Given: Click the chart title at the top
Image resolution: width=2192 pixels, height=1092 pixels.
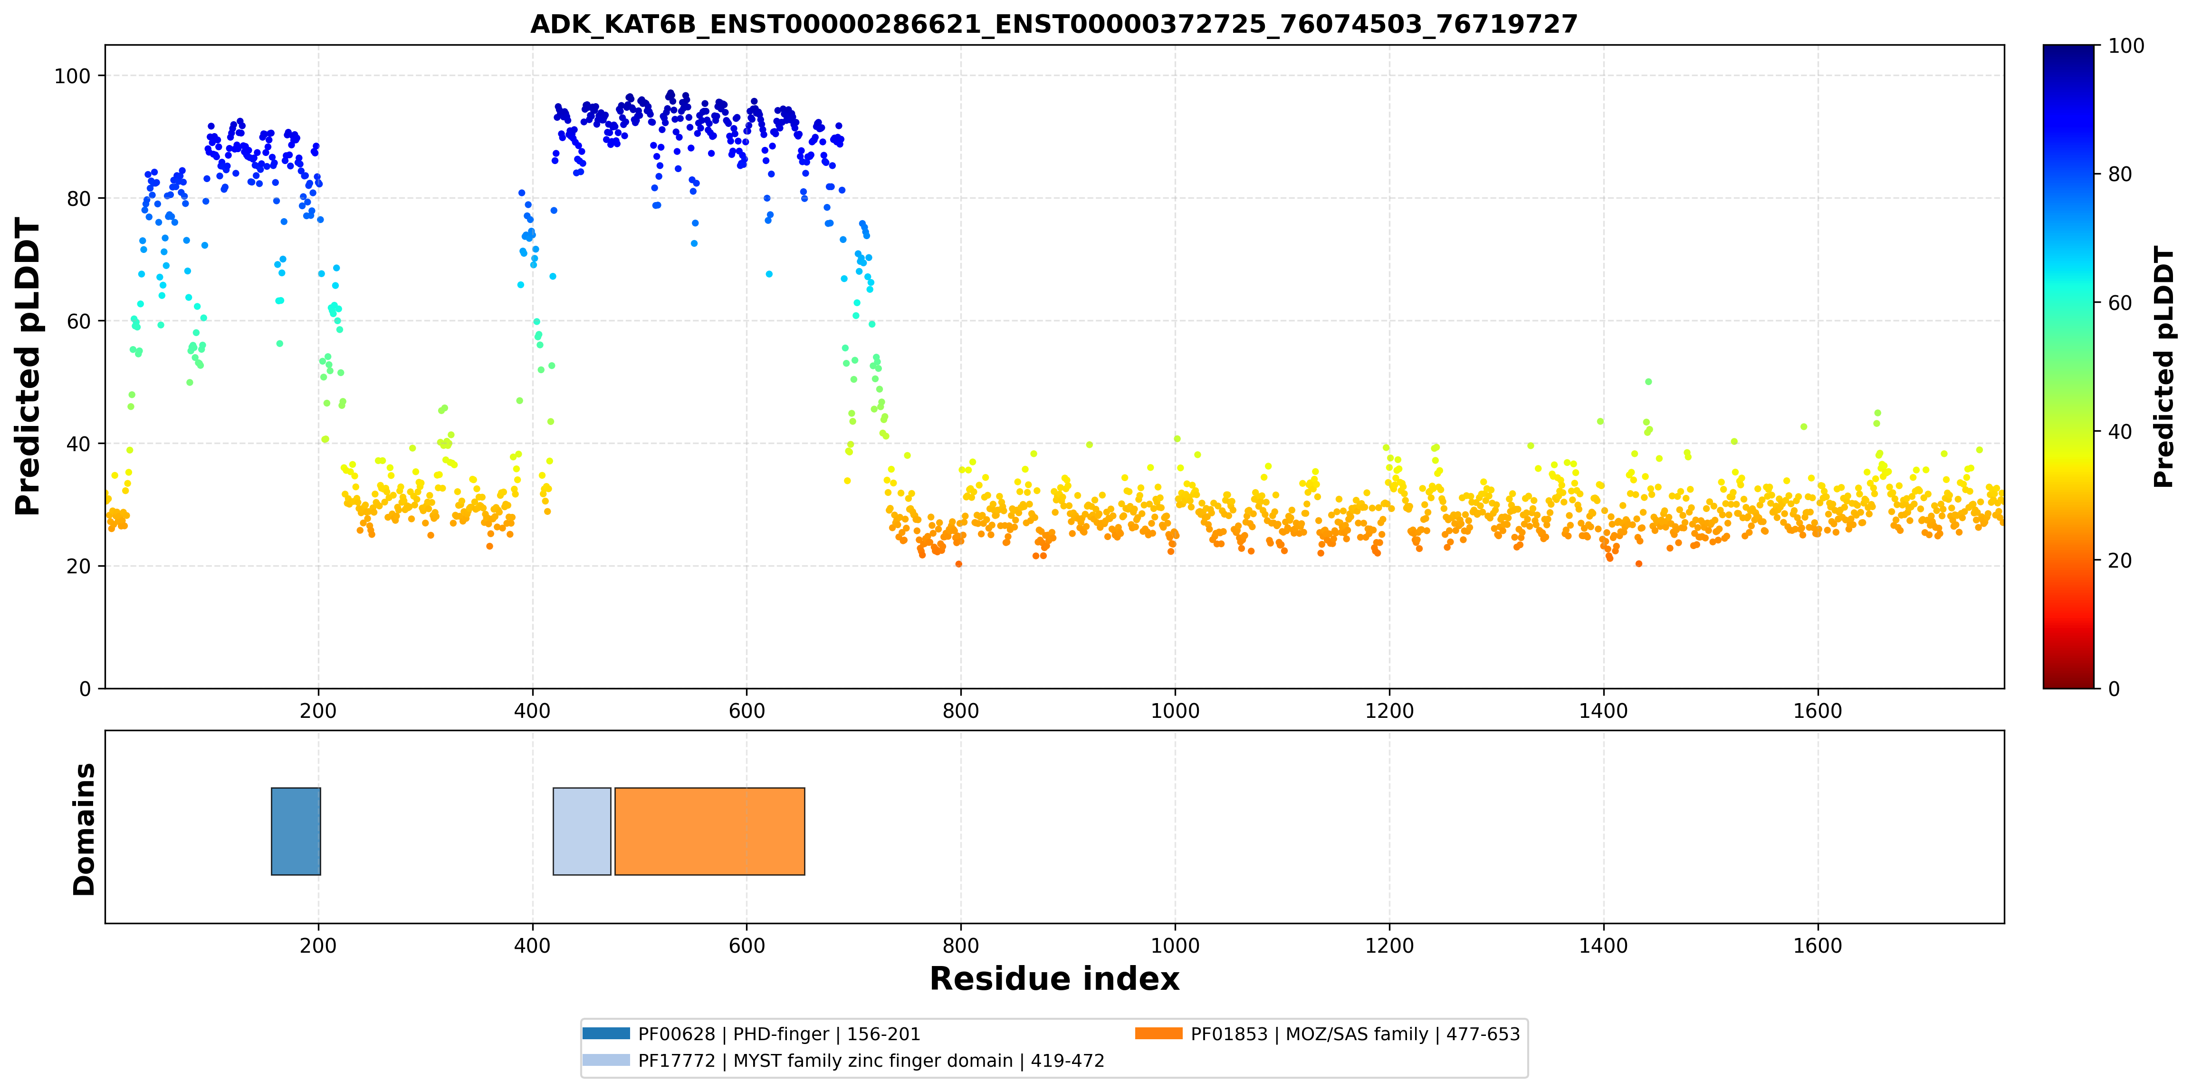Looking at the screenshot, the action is [x=1054, y=24].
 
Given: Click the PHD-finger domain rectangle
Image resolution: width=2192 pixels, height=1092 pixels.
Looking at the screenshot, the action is [x=296, y=831].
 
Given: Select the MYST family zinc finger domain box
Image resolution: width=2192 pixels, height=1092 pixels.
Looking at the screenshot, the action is [x=582, y=831].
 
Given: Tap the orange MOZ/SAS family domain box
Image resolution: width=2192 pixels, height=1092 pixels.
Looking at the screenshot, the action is [x=709, y=831].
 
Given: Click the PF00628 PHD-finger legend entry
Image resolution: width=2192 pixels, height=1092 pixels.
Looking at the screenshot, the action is [x=752, y=1034].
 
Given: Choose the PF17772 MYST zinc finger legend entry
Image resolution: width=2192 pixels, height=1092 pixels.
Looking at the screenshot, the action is [x=844, y=1061].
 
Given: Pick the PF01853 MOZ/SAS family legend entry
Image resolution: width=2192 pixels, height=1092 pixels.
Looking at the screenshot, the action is [x=1328, y=1034].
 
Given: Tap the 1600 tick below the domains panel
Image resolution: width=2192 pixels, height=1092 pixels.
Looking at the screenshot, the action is [x=1818, y=946].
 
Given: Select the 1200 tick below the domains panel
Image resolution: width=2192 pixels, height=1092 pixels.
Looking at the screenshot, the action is [x=1389, y=946].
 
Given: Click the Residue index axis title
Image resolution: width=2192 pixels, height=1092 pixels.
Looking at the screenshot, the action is [x=1054, y=979].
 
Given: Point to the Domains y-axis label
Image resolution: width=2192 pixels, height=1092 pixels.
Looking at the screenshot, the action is [x=84, y=829].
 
